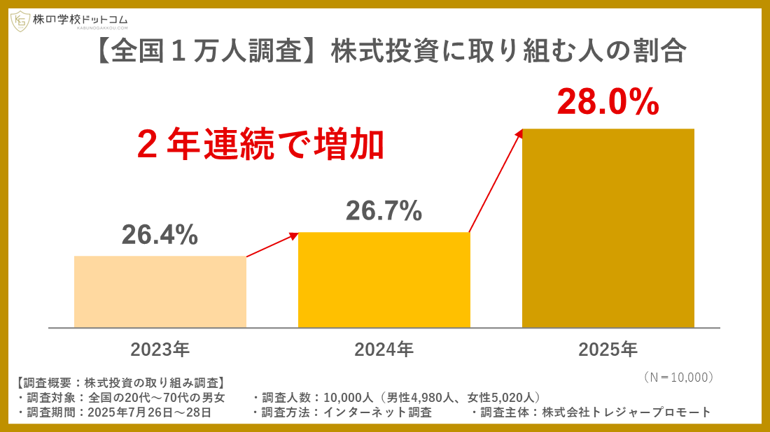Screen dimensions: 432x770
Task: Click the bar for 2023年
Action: point(160,291)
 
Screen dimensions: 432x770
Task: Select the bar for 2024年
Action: point(384,280)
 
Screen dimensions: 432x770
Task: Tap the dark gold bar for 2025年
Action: point(608,228)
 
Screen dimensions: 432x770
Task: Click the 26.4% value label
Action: point(160,236)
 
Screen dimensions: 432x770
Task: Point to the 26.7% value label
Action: point(384,210)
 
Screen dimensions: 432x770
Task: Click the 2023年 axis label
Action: point(160,349)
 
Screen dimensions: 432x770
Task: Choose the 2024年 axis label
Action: point(384,349)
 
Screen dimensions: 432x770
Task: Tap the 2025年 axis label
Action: point(608,349)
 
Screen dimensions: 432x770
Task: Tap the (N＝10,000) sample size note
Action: point(677,377)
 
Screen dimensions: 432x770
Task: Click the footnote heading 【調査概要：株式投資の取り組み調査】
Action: point(120,383)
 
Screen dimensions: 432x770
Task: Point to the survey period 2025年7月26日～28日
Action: point(148,412)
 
